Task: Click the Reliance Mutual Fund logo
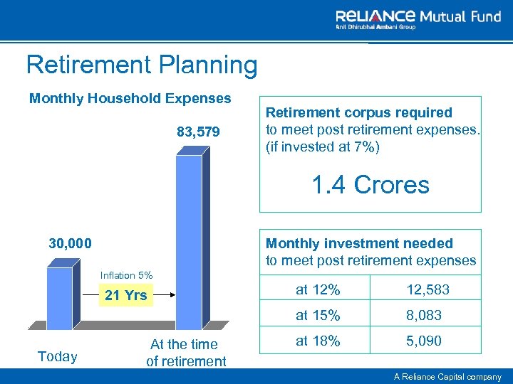(x=418, y=19)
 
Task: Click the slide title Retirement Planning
(x=142, y=65)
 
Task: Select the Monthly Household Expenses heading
(x=130, y=98)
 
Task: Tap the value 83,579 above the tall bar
(x=198, y=132)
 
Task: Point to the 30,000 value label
(x=70, y=243)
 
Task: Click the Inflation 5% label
(x=126, y=275)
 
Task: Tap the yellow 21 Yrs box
(x=125, y=295)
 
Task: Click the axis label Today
(x=57, y=356)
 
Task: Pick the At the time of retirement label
(x=185, y=353)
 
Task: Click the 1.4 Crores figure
(x=370, y=185)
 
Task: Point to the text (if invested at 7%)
(x=323, y=146)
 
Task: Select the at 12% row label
(x=318, y=290)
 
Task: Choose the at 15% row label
(x=318, y=315)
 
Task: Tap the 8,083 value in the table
(x=423, y=315)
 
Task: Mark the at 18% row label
(x=318, y=341)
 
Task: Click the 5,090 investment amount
(x=423, y=341)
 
